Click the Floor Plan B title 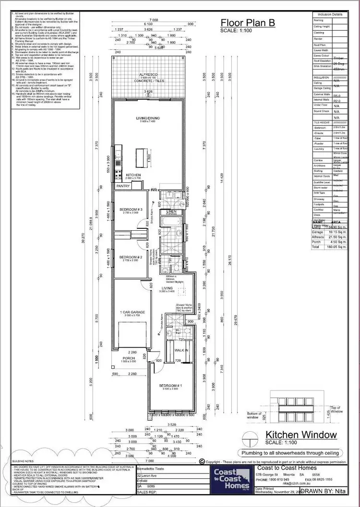point(248,22)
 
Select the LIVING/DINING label point(148,118)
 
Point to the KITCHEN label point(133,175)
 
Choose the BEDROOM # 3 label point(132,210)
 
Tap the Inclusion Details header point(330,14)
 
